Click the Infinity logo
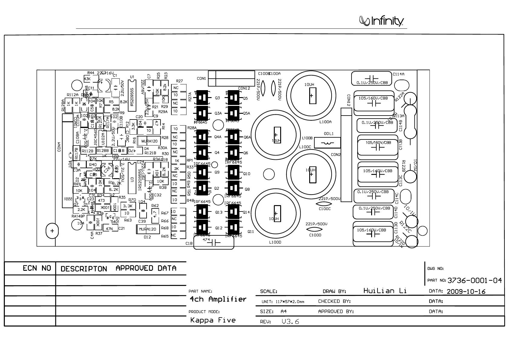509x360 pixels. point(381,21)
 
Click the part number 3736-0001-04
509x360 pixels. point(474,280)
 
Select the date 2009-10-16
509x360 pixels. point(466,292)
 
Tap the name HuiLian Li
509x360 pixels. point(385,291)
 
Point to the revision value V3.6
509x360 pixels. point(290,322)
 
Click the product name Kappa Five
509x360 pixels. point(213,320)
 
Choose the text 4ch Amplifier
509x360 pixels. point(218,299)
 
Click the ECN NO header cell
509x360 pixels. point(37,268)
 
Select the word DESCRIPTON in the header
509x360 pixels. point(84,269)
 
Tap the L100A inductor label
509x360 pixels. point(326,122)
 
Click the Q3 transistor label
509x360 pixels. point(217,98)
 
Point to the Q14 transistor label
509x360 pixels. point(246,212)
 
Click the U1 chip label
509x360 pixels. point(132,77)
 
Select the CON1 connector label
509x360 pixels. point(201,79)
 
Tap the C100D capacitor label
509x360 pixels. point(315,235)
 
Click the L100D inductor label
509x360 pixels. point(275,242)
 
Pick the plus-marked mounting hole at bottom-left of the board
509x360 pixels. point(52,231)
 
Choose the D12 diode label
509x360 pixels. point(147,237)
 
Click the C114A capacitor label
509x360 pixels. point(398,74)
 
